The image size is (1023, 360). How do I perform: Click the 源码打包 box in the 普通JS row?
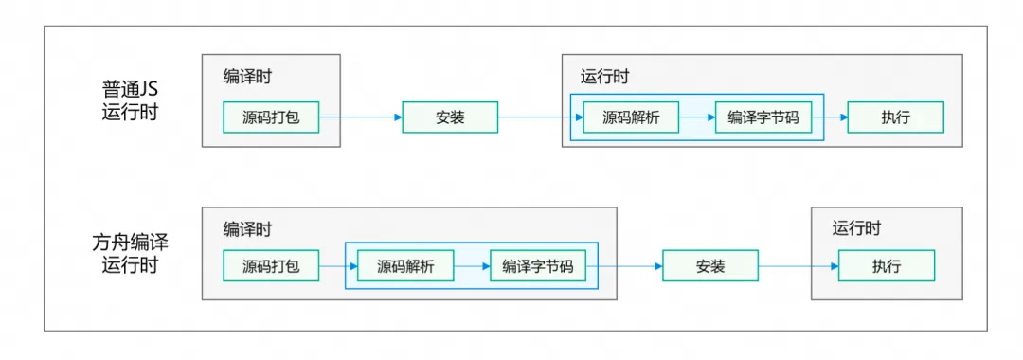click(271, 117)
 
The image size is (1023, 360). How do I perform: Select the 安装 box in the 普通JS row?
click(450, 117)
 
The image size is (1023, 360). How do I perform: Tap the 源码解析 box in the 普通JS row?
click(631, 117)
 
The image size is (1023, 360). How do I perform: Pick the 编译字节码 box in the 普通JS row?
click(763, 117)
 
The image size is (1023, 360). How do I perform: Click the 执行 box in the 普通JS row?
click(895, 117)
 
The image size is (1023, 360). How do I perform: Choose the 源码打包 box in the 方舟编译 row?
click(271, 266)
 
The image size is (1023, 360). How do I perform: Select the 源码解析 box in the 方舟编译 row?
click(405, 266)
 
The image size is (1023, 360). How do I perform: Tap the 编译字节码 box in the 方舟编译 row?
click(537, 266)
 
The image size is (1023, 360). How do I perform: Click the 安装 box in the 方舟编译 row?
click(709, 266)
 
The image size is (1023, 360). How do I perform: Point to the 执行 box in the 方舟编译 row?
click(887, 266)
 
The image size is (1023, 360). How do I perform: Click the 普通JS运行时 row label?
click(131, 100)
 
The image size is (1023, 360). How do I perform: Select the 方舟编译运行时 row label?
click(131, 253)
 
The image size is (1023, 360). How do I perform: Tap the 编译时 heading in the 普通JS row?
click(248, 77)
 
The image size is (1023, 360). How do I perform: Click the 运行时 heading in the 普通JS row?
click(604, 77)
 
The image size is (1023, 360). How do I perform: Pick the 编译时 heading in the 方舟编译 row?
click(248, 229)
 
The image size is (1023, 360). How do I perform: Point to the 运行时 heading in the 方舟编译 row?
click(856, 228)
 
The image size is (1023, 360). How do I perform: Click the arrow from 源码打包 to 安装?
click(360, 117)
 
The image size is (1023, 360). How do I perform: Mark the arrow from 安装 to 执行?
click(799, 266)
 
